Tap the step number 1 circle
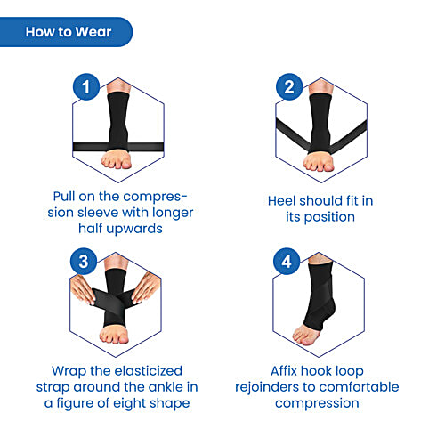(85, 87)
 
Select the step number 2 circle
(288, 87)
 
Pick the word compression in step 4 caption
(319, 402)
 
